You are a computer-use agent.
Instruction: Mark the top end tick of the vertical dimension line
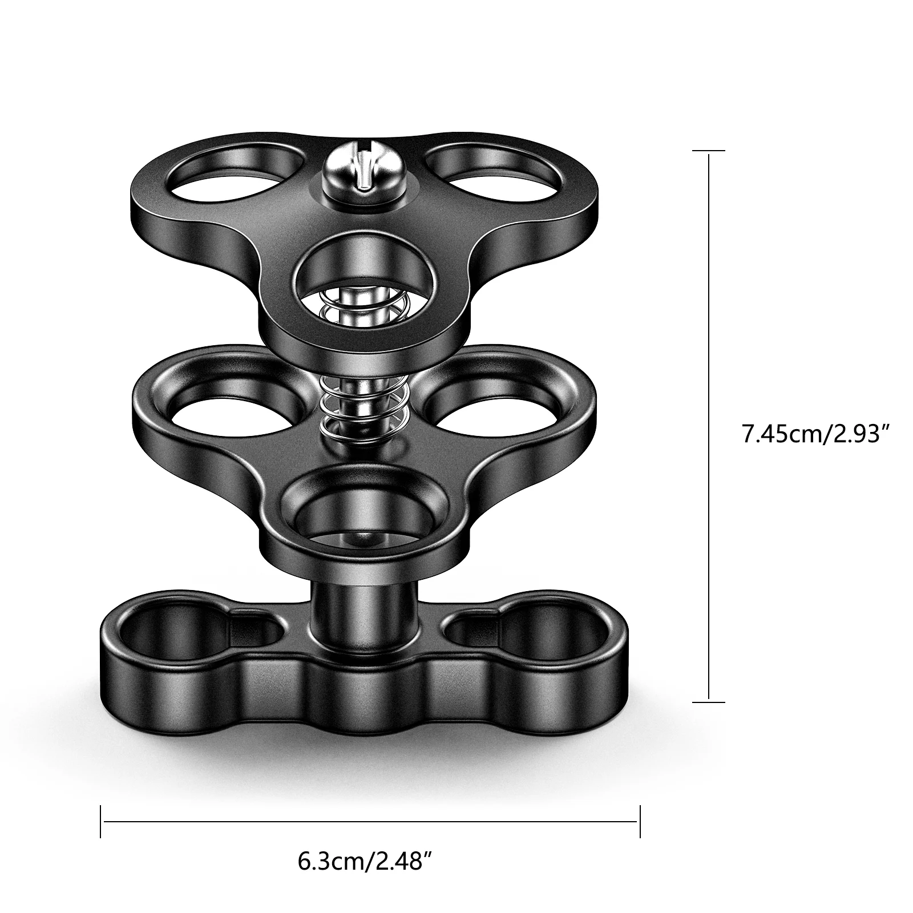[708, 151]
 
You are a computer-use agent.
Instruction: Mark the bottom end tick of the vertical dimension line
[708, 702]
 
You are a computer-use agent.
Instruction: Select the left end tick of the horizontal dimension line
[101, 822]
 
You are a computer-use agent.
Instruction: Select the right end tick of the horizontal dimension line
[640, 822]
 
